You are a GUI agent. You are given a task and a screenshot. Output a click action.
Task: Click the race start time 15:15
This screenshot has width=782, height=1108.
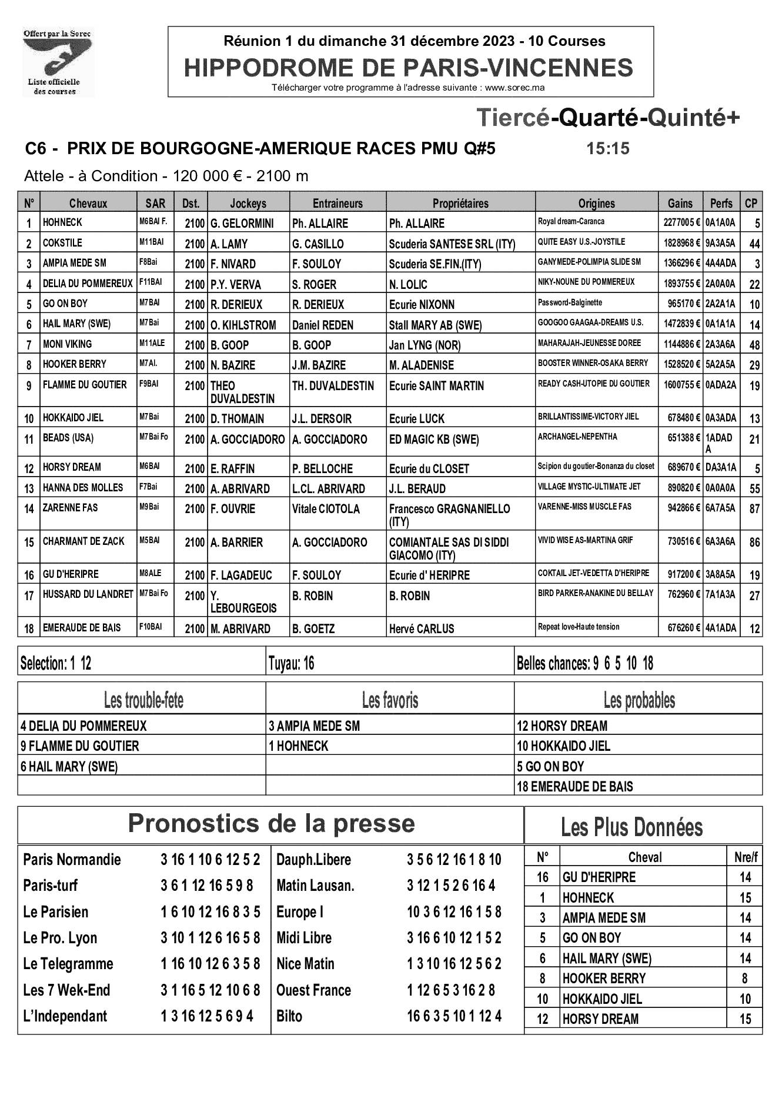(607, 149)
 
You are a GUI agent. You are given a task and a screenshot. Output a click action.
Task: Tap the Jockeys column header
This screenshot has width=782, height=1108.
(248, 204)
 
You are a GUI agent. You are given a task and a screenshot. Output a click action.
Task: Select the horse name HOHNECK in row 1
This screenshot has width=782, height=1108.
(62, 222)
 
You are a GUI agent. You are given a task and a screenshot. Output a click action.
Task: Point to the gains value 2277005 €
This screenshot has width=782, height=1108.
(679, 223)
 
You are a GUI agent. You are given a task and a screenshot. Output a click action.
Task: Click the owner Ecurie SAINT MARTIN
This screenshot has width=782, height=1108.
(436, 386)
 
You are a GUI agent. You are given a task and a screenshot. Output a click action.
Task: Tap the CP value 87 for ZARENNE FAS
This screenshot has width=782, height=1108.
(754, 509)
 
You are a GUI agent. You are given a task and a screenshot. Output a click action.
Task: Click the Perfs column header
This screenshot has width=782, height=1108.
(721, 204)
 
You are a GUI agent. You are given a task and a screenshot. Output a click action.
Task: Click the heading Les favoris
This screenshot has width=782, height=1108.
(390, 700)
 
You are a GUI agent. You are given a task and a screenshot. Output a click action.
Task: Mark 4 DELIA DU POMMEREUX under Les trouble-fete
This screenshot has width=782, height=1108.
(83, 726)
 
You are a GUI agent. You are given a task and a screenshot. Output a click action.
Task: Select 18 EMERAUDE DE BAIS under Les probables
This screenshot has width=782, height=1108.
(574, 787)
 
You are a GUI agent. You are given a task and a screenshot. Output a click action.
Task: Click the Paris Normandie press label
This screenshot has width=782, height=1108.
(72, 860)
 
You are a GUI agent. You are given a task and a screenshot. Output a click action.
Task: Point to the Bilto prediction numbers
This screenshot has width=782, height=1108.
(454, 1016)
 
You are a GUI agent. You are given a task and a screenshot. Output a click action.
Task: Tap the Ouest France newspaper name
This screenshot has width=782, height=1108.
(313, 990)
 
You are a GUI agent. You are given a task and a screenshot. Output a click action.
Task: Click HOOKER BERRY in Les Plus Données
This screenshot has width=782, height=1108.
(604, 979)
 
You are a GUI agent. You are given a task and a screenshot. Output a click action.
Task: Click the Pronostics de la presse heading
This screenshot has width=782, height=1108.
(271, 823)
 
